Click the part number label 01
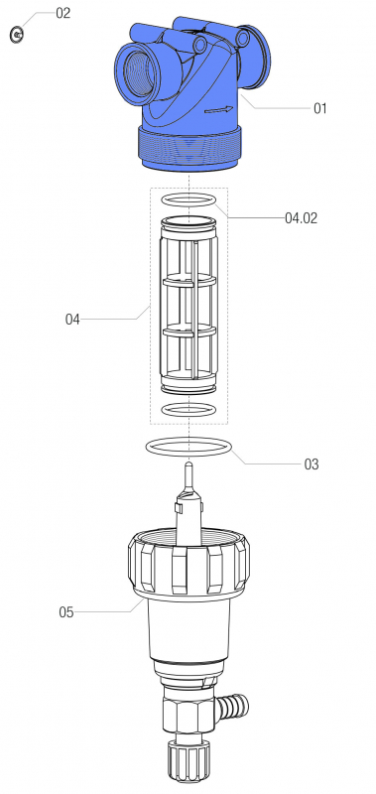tap(319, 109)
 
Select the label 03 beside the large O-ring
tap(311, 463)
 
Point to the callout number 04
tap(72, 320)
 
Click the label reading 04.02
tap(301, 216)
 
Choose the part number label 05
tap(66, 611)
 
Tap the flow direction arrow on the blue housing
tap(220, 110)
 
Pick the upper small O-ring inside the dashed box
tap(188, 200)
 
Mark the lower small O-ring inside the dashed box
tap(188, 409)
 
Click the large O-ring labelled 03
tap(190, 447)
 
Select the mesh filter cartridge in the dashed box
tap(188, 308)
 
